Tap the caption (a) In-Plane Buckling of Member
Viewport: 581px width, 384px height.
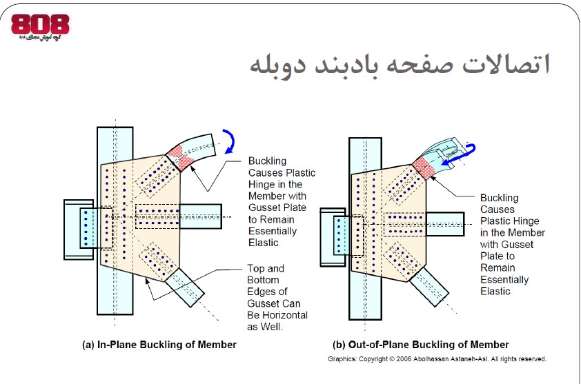[159, 344]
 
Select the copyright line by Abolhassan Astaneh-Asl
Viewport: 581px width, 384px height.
[437, 359]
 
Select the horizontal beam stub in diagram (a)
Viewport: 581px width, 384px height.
[200, 215]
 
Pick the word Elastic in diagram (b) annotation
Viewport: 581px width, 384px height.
[495, 291]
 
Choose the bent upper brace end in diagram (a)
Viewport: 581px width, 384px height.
[208, 144]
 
